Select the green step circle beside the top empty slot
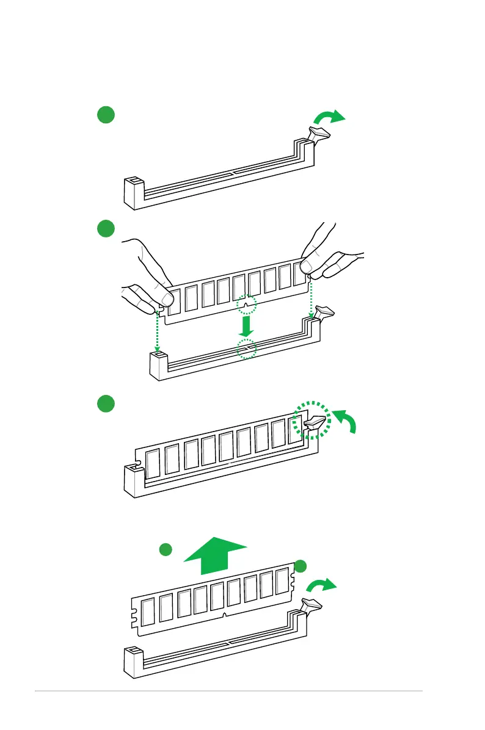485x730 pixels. pos(106,114)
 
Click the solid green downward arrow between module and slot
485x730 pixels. pos(246,326)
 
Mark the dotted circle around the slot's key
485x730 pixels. pos(247,349)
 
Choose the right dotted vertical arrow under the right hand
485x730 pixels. pos(311,298)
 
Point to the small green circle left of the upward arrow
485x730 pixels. pos(164,549)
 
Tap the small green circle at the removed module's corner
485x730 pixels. pos(300,566)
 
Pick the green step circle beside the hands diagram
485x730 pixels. pos(106,229)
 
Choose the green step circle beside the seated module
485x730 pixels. pos(106,403)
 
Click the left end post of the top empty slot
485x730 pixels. pos(134,192)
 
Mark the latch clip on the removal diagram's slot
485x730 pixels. pos(312,605)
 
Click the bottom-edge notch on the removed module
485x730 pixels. pos(225,615)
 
